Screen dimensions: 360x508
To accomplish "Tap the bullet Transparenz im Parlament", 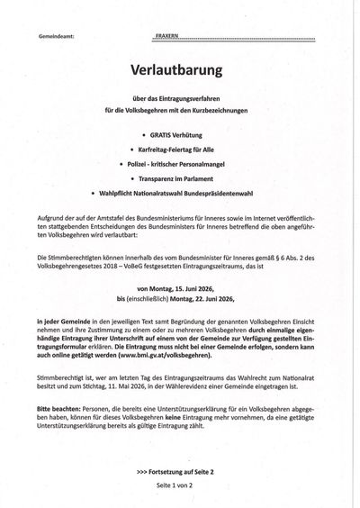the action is coord(184,178).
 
